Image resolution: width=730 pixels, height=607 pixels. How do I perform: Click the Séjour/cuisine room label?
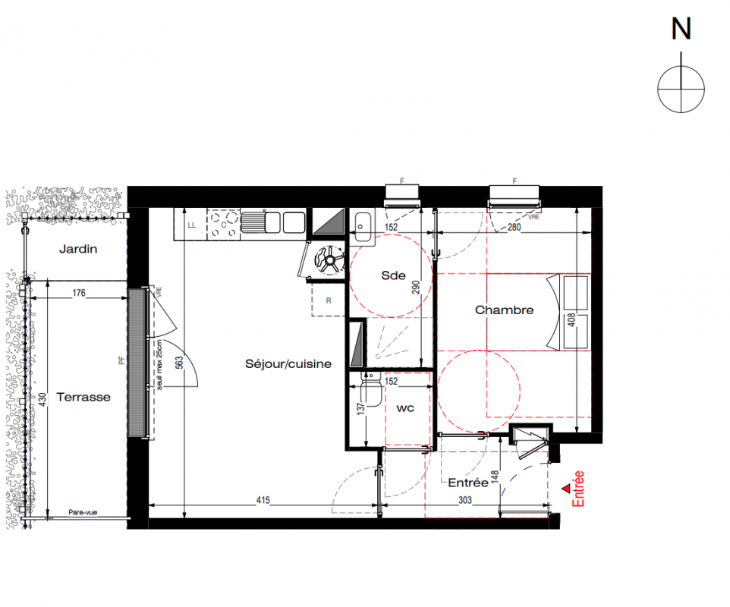tap(288, 364)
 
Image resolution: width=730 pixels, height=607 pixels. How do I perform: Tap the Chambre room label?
tap(504, 310)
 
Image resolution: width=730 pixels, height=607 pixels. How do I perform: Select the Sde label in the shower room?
tap(393, 275)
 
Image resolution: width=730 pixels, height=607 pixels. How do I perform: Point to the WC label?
tap(405, 409)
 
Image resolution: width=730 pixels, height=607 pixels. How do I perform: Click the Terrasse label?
tap(83, 397)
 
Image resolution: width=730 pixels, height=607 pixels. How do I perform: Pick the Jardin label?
tap(78, 249)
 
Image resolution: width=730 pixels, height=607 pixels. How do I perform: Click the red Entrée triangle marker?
tap(566, 489)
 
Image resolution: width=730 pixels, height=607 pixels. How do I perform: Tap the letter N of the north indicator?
tap(681, 29)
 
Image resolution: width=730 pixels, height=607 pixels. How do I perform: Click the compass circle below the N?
tap(681, 89)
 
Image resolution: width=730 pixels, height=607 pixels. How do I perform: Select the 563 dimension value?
tap(180, 363)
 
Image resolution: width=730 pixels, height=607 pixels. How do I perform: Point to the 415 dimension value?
tap(263, 500)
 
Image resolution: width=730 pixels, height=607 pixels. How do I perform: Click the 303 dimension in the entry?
tap(465, 500)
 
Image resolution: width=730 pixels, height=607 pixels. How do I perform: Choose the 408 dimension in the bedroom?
tap(571, 319)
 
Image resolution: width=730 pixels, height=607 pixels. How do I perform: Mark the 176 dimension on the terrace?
tap(79, 293)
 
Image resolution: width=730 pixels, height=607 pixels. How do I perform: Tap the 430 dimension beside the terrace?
tap(42, 399)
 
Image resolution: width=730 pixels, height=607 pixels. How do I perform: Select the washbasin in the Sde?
tap(362, 227)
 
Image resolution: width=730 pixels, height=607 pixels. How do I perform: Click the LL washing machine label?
tap(192, 225)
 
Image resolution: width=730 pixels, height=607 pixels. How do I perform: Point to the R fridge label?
tap(329, 301)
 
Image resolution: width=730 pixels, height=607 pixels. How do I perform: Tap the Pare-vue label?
tap(83, 512)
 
